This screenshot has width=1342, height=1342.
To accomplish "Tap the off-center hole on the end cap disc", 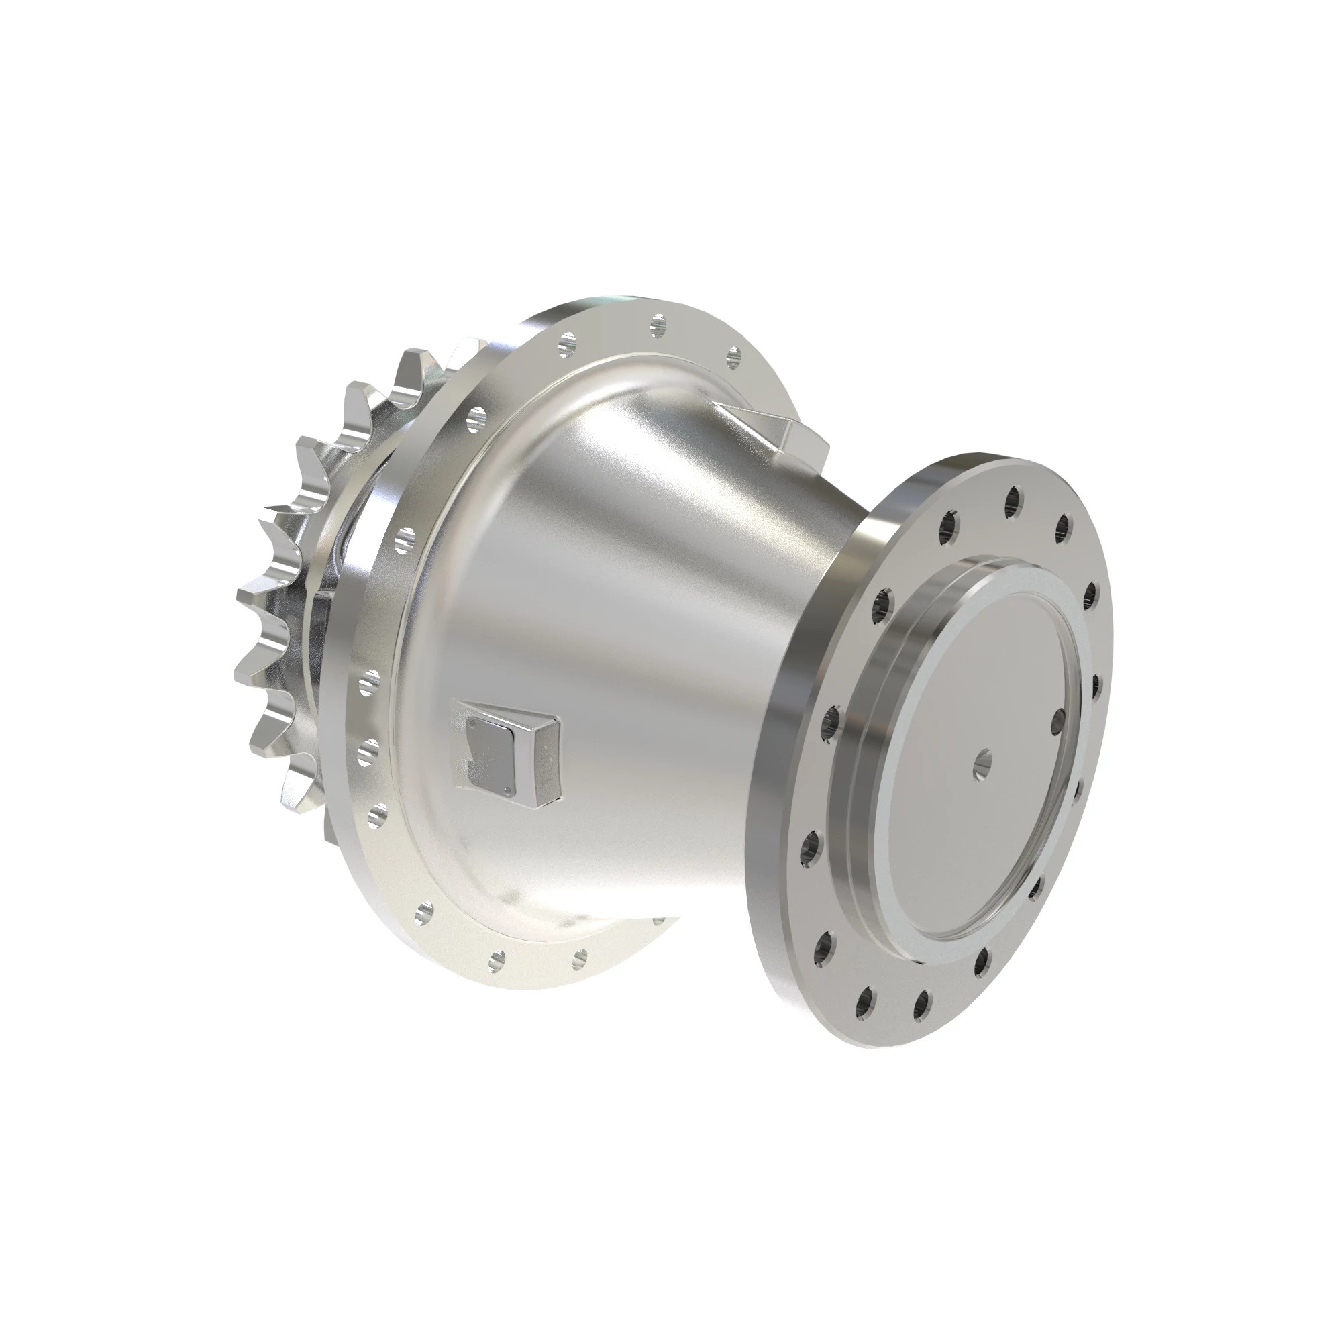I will pyautogui.click(x=1057, y=719).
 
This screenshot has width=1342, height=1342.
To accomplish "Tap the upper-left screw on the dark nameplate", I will pyautogui.click(x=472, y=724).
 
